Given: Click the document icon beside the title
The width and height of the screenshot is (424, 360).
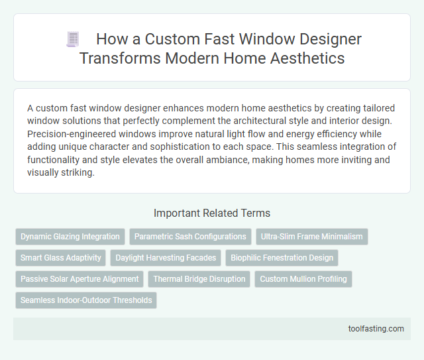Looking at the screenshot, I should click(72, 39).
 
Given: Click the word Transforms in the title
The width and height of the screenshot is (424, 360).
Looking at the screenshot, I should click(116, 58).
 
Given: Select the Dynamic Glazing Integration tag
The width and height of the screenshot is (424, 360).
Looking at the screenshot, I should click(70, 237).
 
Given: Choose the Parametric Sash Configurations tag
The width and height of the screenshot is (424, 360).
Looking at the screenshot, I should click(191, 237).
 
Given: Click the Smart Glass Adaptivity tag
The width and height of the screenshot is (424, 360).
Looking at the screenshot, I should click(61, 258).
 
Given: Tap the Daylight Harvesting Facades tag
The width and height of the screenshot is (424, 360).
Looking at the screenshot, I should click(166, 258).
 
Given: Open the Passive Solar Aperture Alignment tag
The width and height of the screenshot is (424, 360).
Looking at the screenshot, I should click(79, 279).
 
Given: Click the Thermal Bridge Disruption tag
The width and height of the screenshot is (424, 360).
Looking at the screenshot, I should click(199, 279).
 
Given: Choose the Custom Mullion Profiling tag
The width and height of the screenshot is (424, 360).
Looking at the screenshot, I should click(303, 279).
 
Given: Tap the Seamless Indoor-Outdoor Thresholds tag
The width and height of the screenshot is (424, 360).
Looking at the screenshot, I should click(86, 300).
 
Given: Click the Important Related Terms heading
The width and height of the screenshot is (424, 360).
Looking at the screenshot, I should click(211, 213).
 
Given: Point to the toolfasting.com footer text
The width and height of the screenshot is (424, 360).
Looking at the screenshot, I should click(375, 328).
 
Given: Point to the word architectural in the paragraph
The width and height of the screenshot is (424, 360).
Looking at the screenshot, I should click(295, 119).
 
